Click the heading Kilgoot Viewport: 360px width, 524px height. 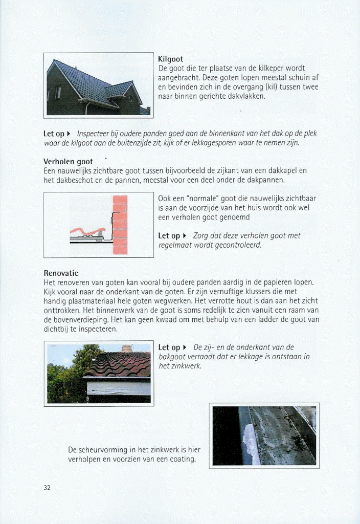click(171, 59)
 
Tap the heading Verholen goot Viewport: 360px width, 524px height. click(68, 162)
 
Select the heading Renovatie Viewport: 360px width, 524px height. click(61, 273)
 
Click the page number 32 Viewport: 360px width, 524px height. click(47, 488)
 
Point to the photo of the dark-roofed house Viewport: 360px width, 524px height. click(98, 86)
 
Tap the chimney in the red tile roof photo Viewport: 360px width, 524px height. click(127, 348)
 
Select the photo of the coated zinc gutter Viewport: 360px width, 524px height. click(264, 435)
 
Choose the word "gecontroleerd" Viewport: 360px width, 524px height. click(236, 245)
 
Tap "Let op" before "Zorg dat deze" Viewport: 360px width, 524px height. click(169, 236)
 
